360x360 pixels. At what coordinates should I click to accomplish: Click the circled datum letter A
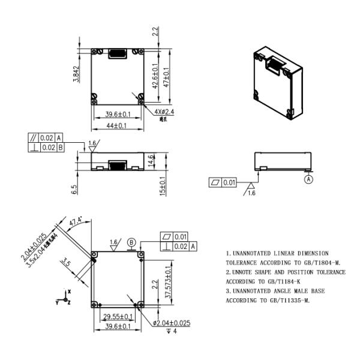point(308,178)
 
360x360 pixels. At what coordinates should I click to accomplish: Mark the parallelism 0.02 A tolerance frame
point(47,137)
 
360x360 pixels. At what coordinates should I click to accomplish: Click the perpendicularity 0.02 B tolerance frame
point(47,147)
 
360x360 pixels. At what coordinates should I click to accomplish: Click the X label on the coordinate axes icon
point(70,291)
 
